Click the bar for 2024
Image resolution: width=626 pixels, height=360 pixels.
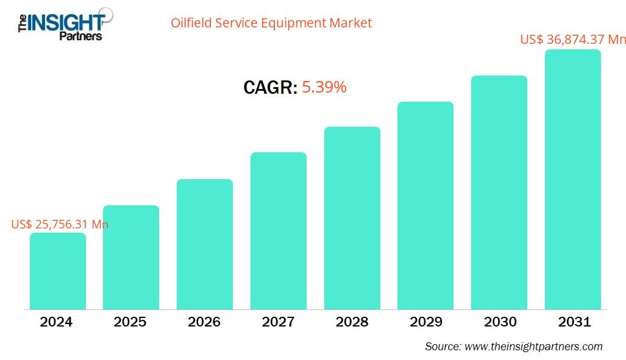(x=57, y=271)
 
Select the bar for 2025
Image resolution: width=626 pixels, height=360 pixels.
(x=131, y=258)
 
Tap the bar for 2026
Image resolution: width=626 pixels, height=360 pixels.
(x=205, y=244)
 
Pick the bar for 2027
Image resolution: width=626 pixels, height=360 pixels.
(x=279, y=231)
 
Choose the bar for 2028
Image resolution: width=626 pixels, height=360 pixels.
(x=352, y=218)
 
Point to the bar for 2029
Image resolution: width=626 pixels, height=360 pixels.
(x=425, y=206)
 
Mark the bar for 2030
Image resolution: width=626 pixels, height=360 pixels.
(x=499, y=192)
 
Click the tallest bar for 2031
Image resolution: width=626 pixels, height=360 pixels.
(x=573, y=180)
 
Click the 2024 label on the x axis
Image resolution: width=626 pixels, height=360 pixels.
(x=56, y=322)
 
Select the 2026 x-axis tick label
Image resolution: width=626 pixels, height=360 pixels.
(x=204, y=322)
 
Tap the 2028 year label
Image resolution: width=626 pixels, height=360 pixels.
(x=352, y=322)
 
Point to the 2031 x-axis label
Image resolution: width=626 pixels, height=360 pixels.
(x=574, y=322)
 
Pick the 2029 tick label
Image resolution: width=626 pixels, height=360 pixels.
(x=425, y=322)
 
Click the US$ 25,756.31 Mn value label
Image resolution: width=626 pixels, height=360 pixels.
(x=60, y=224)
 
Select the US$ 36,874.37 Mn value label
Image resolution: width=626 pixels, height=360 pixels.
(x=573, y=40)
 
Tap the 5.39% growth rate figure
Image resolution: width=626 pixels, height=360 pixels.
(x=324, y=88)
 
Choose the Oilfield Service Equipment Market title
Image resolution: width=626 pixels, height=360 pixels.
(x=271, y=23)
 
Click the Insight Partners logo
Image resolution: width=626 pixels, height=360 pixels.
(x=61, y=24)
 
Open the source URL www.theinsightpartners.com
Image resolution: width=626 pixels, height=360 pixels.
(x=533, y=347)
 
